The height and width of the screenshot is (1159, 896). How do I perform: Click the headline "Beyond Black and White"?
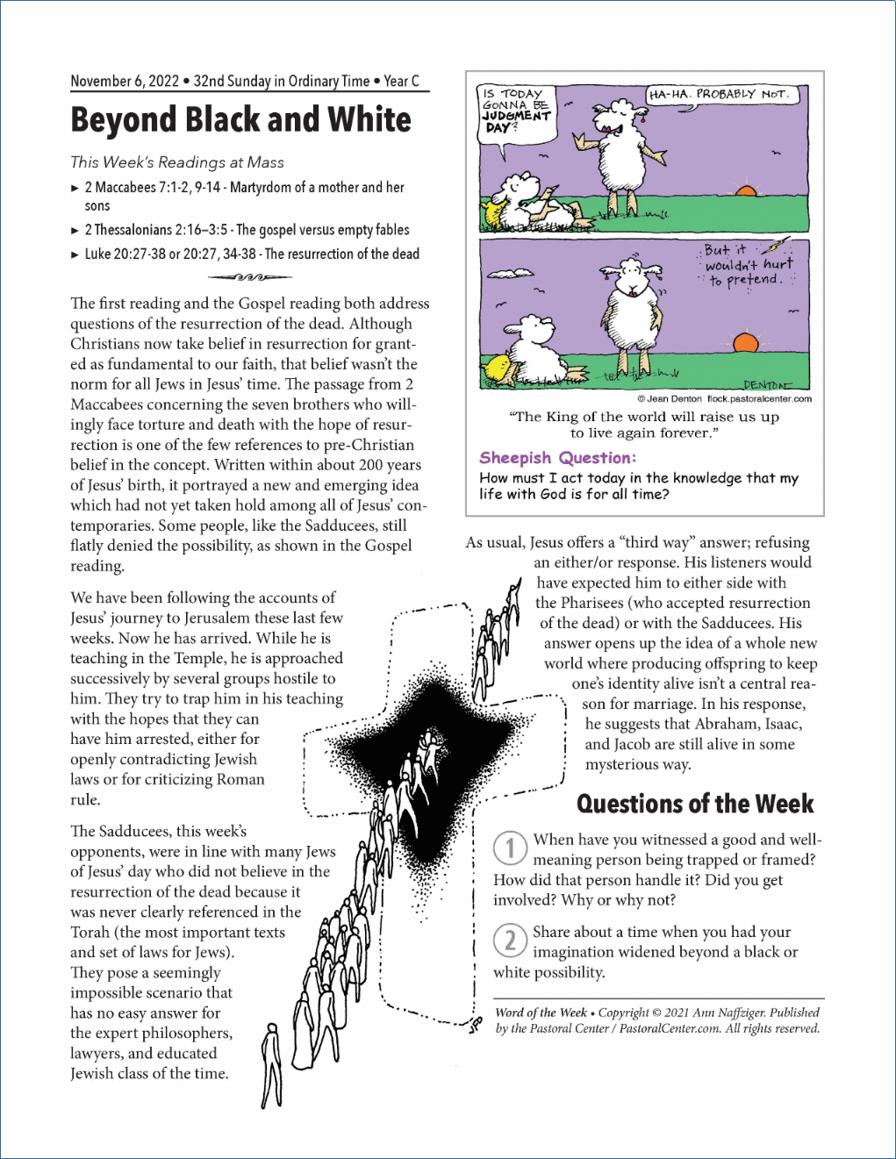(240, 120)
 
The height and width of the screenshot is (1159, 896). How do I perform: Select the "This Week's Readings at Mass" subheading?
(177, 162)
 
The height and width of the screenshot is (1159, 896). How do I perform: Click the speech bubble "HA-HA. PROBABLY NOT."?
(720, 95)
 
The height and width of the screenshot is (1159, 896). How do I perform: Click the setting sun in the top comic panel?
(745, 190)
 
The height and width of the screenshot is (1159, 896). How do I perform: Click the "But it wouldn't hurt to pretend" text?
(747, 265)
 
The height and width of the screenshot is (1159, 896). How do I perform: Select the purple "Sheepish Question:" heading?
(557, 458)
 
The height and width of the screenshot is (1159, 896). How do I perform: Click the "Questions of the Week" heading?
(695, 804)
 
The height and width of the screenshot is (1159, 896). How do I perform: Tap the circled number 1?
(510, 848)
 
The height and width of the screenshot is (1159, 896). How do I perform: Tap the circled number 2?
(510, 941)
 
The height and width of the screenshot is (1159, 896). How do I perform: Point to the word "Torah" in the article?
(90, 932)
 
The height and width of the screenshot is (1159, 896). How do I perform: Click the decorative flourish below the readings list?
(249, 277)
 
